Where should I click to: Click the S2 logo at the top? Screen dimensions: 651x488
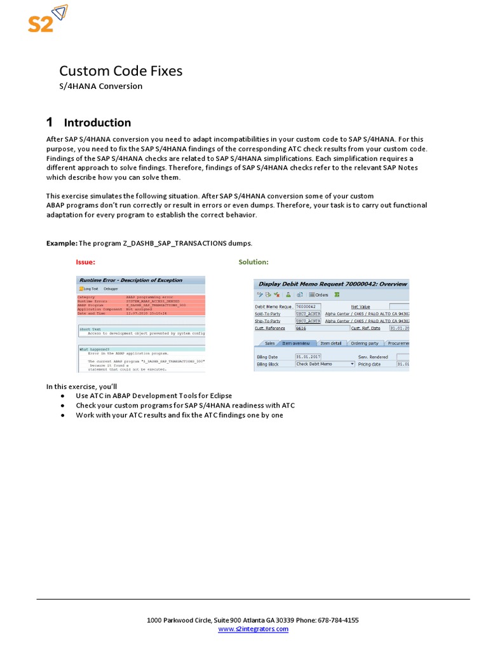(x=47, y=19)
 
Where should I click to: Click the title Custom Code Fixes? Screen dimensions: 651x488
(x=121, y=71)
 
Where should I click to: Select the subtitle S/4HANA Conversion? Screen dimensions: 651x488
(x=100, y=86)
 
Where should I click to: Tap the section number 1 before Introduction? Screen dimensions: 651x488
(x=50, y=122)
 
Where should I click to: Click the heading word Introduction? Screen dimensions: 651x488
(x=97, y=123)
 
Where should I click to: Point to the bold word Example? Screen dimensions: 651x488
(x=62, y=243)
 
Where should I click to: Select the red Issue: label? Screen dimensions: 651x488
(x=85, y=262)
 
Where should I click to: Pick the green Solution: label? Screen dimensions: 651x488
(x=254, y=262)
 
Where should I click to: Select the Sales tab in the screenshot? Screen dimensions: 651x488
(x=269, y=343)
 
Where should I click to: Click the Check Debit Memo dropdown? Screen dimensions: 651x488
(x=325, y=364)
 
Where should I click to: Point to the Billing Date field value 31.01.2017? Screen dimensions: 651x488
(x=308, y=357)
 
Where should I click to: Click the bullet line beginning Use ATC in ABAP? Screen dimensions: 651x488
(x=154, y=395)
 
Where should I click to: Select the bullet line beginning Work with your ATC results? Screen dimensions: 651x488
(x=179, y=415)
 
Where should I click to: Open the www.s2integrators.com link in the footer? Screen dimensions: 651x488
(x=253, y=629)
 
